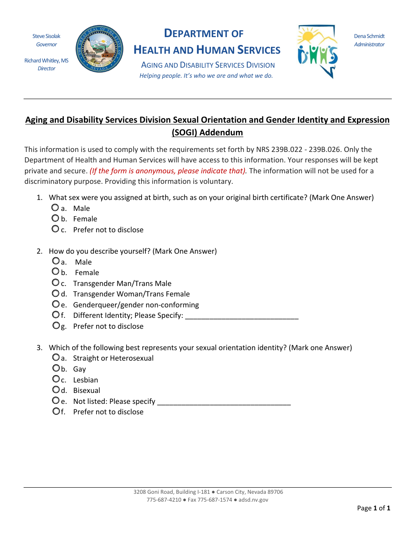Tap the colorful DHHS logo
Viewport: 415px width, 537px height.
click(x=317, y=52)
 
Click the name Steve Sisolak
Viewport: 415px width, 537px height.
click(x=46, y=36)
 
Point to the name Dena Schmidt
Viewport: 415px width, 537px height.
click(x=369, y=36)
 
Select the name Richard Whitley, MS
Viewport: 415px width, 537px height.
click(x=46, y=61)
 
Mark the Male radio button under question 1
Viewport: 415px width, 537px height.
click(x=55, y=207)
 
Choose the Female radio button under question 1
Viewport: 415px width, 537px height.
click(x=55, y=218)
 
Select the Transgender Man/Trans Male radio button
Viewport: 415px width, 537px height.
click(x=55, y=282)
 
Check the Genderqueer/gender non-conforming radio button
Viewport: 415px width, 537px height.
click(x=55, y=304)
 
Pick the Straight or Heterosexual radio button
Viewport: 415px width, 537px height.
click(x=55, y=357)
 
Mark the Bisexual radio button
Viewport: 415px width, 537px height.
click(x=55, y=389)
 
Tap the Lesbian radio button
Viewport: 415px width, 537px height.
click(x=55, y=379)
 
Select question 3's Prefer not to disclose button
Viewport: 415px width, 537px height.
click(x=55, y=411)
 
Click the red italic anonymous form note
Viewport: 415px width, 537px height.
click(x=168, y=171)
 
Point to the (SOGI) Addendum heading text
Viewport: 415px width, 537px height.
click(x=207, y=132)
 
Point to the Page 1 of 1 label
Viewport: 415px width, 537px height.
click(x=373, y=508)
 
